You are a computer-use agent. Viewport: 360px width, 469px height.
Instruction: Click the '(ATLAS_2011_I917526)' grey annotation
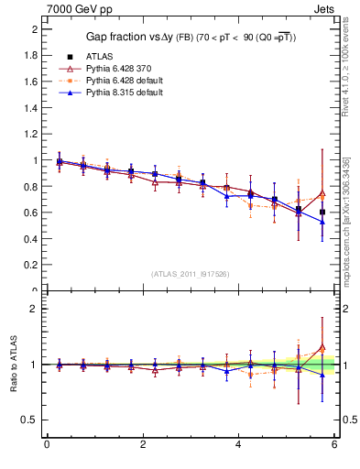pyautogui.click(x=191, y=274)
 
